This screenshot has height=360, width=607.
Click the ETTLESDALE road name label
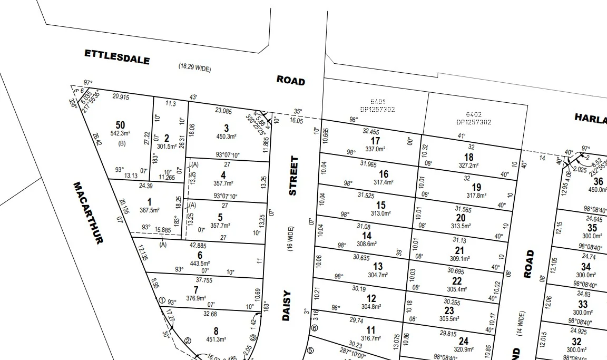[117, 56]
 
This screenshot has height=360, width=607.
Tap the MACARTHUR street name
[87, 212]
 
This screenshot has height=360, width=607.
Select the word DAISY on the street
[288, 306]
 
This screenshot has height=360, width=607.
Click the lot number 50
[121, 125]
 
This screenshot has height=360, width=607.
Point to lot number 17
[375, 141]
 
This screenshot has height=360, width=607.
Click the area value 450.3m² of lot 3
[227, 137]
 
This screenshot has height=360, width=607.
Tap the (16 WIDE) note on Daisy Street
[290, 239]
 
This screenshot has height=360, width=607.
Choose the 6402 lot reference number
[473, 114]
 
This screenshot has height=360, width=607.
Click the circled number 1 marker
[162, 300]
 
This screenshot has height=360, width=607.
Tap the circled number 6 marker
[315, 328]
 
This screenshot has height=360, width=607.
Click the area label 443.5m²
[200, 263]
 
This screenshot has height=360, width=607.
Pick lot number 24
[463, 341]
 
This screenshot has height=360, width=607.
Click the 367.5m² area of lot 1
[149, 210]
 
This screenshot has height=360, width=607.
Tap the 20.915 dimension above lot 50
[121, 96]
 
